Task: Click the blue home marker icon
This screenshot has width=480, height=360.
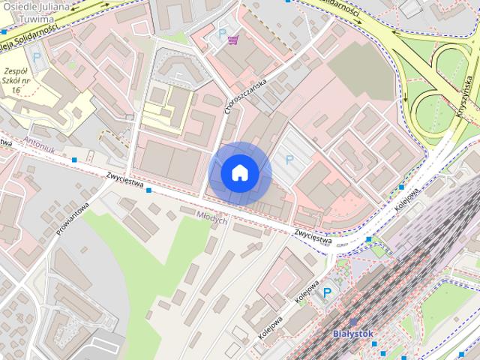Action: click(239, 173)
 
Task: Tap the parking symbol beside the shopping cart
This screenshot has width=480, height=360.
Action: click(221, 34)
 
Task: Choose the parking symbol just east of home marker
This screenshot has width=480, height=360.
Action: click(289, 159)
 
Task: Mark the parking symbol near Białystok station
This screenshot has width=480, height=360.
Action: click(327, 293)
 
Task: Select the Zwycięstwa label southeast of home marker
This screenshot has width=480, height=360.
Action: click(313, 235)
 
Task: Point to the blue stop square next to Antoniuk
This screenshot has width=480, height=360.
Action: click(74, 160)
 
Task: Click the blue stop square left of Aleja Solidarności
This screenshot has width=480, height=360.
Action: click(3, 32)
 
